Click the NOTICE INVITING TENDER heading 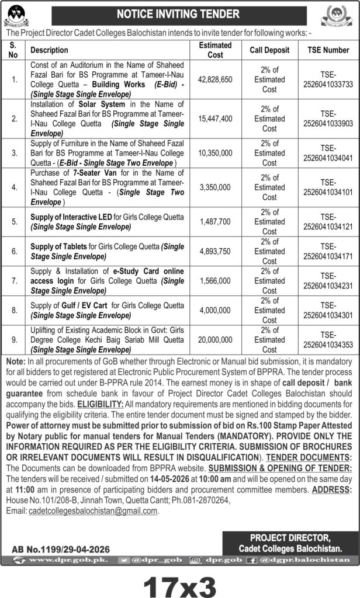(x=178, y=12)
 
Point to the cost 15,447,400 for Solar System (x=214, y=119)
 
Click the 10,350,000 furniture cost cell (x=214, y=154)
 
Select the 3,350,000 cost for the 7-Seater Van (x=214, y=188)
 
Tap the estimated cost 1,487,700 (x=214, y=222)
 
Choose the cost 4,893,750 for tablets (x=214, y=251)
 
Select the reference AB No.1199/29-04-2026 (x=61, y=549)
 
